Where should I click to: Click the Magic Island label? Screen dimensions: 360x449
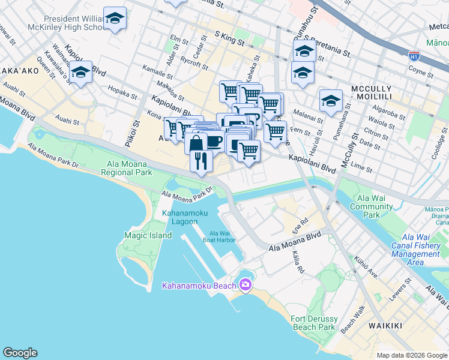148,236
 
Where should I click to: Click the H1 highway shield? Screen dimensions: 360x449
414,56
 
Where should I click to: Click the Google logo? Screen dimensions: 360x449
20,353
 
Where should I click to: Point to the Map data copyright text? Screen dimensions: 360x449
411,355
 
